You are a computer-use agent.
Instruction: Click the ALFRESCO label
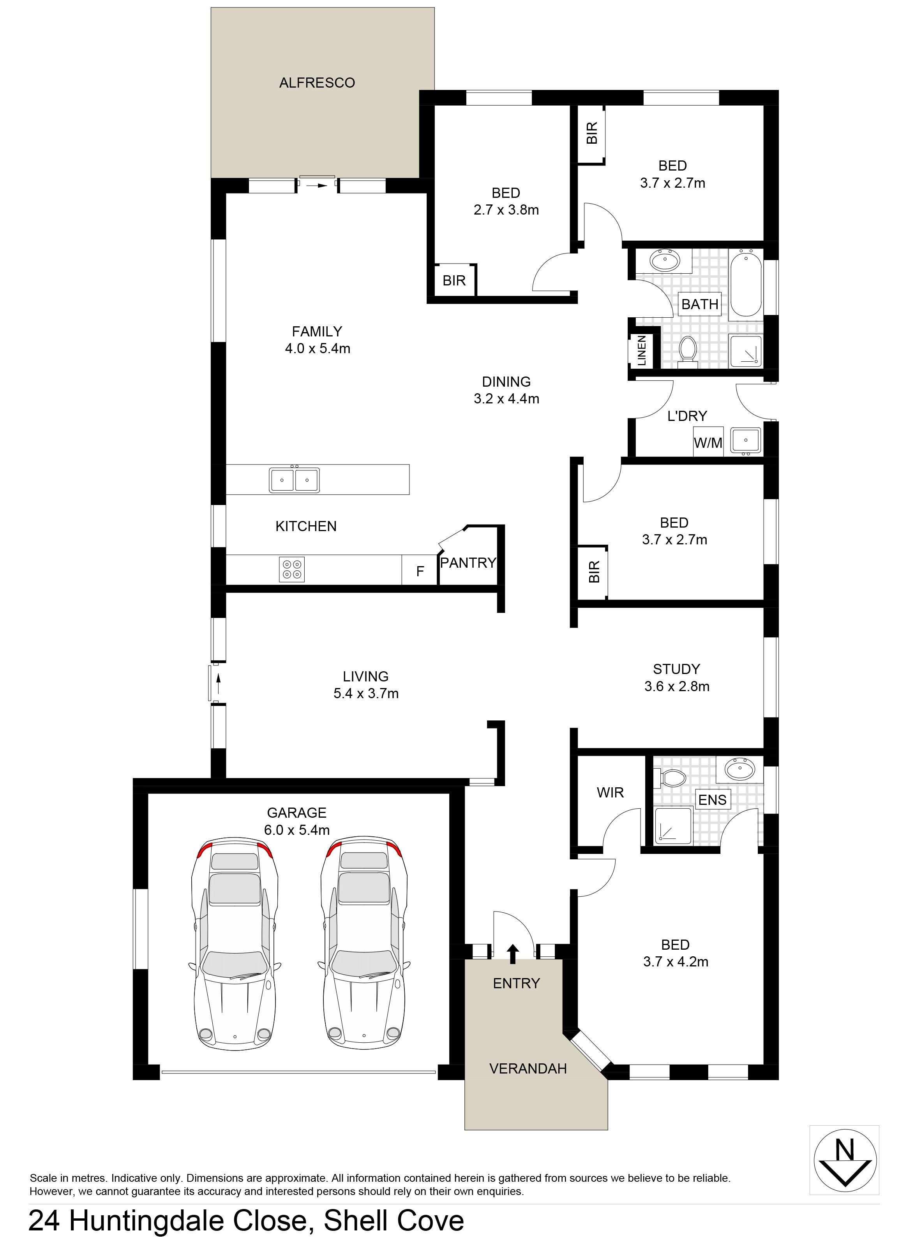tap(317, 83)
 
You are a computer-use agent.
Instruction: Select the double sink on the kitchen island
tap(294, 480)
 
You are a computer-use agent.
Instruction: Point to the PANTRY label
tap(468, 563)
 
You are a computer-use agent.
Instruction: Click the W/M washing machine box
tap(708, 442)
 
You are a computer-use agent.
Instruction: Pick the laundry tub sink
tap(746, 441)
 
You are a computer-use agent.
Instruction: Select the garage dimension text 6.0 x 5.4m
tap(297, 830)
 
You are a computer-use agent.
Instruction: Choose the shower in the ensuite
tap(672, 826)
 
